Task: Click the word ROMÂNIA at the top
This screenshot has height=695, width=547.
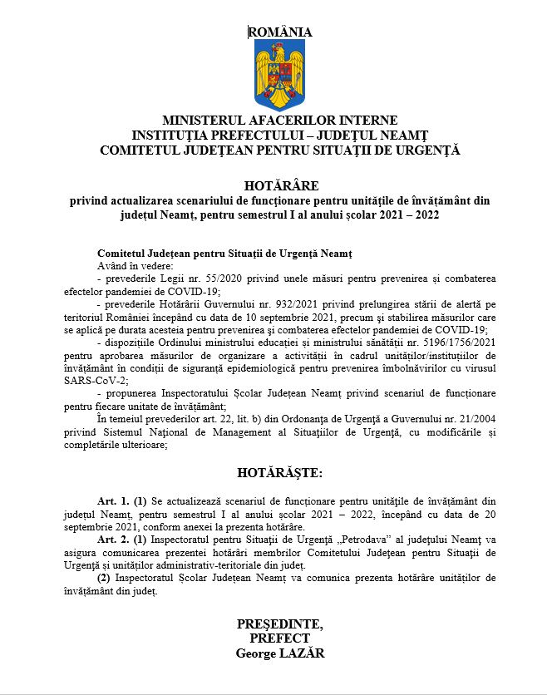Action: pyautogui.click(x=280, y=32)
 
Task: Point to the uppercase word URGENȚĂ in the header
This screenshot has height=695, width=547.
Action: pyautogui.click(x=424, y=150)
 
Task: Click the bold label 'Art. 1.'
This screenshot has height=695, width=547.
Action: pyautogui.click(x=113, y=501)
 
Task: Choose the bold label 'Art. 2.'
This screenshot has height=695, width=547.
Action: pyautogui.click(x=113, y=539)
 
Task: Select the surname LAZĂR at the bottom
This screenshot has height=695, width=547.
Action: pyautogui.click(x=303, y=653)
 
